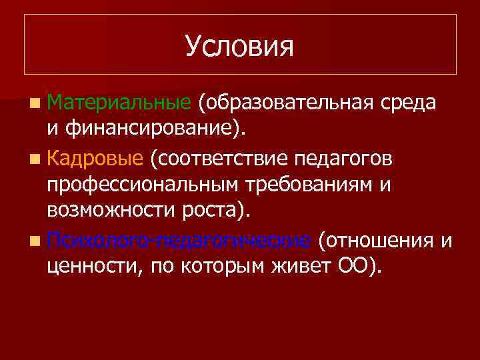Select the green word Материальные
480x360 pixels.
pyautogui.click(x=120, y=103)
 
